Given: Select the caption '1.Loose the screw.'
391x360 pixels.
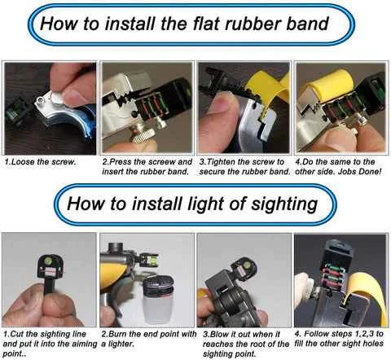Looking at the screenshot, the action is [40, 162].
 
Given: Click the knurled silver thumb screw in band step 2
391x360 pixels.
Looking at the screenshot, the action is [143, 135].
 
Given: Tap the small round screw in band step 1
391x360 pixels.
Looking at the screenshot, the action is [41, 100].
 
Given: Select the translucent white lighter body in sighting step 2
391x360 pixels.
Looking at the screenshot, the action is [158, 309].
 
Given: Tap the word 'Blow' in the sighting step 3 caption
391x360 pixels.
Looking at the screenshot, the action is [219, 334].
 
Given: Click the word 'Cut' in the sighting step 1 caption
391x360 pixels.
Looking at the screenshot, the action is [17, 334].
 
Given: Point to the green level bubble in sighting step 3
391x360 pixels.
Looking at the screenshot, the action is [244, 263].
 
